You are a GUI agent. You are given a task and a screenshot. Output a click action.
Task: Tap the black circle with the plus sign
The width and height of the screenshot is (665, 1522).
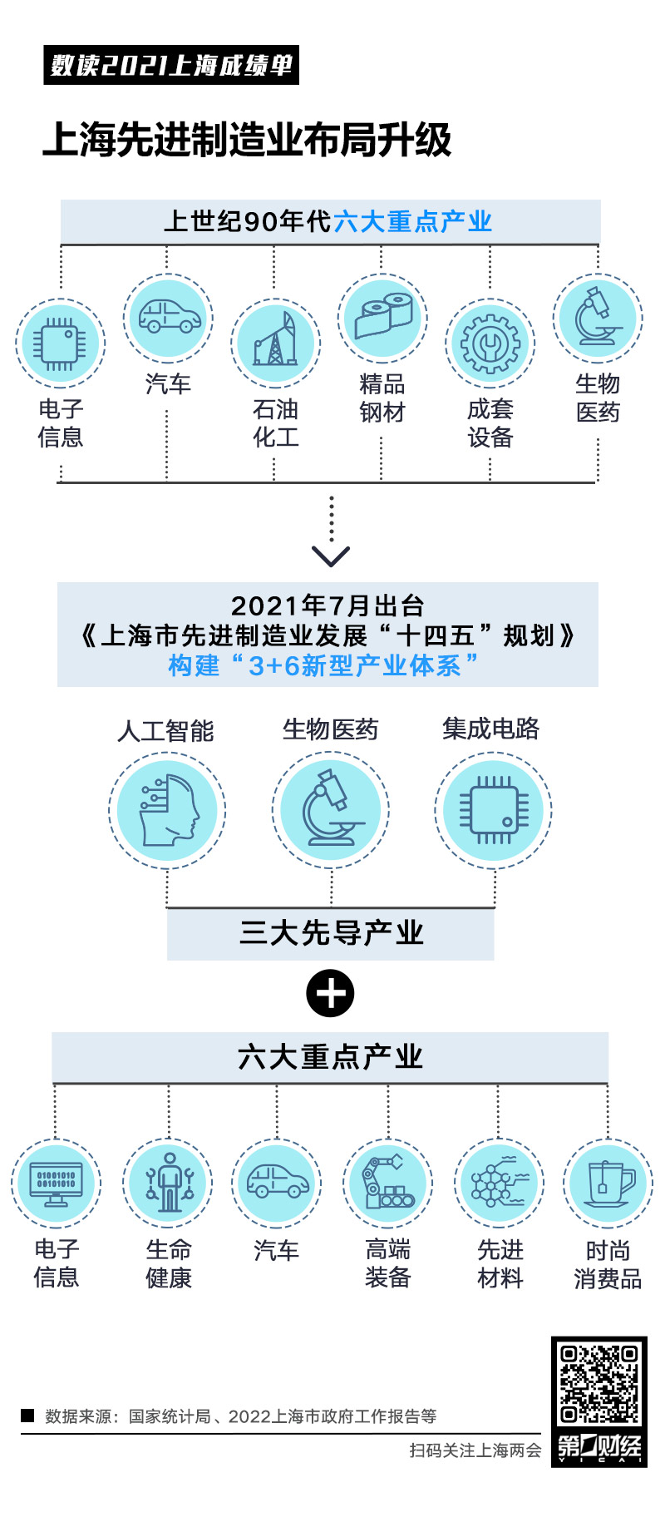[330, 993]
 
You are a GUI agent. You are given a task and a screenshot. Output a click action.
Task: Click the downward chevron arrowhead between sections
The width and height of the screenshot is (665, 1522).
[331, 556]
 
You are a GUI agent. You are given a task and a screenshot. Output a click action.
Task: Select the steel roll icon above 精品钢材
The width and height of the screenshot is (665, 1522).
[382, 318]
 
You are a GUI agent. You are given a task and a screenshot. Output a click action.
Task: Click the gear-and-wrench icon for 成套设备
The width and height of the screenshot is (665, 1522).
[490, 343]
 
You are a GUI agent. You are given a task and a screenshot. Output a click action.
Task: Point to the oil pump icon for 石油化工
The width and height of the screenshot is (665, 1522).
[275, 342]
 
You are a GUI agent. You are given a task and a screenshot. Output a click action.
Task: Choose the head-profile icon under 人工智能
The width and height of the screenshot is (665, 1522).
[167, 811]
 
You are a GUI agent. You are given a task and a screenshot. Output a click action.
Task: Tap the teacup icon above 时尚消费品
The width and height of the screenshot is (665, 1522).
[608, 1183]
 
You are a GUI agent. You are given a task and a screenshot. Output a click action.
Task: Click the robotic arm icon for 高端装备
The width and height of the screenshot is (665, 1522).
[388, 1183]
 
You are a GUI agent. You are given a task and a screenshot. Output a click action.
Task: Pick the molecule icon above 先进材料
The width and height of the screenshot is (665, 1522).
[499, 1183]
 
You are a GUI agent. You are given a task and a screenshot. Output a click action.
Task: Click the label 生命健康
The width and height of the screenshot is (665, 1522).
[169, 1263]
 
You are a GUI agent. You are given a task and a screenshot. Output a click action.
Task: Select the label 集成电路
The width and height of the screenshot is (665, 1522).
[490, 729]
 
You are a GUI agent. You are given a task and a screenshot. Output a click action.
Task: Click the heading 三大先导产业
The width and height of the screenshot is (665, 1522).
[331, 933]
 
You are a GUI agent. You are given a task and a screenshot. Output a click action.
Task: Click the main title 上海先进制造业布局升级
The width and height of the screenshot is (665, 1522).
[247, 140]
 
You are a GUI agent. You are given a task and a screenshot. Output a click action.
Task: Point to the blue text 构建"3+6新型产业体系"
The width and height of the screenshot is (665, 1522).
[324, 665]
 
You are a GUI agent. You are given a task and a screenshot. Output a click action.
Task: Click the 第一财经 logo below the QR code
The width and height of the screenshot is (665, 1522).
[598, 1447]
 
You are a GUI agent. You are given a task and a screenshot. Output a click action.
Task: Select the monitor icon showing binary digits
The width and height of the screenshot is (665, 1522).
[56, 1183]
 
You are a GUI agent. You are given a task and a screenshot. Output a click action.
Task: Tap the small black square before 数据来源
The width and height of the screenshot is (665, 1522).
[27, 1415]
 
